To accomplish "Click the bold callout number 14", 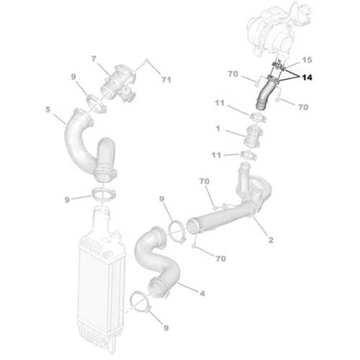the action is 307,78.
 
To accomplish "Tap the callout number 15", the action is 307,60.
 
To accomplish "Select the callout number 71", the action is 166,80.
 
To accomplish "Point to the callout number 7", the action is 94,58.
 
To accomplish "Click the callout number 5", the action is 48,109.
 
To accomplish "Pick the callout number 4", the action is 202,293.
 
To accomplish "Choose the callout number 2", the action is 271,240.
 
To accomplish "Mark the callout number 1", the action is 217,129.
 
